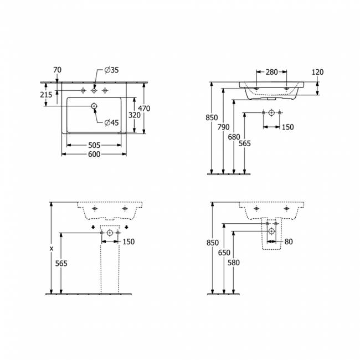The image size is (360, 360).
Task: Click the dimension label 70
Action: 57,70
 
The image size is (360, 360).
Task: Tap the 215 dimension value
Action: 47,95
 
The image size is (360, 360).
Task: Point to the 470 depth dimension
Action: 144,109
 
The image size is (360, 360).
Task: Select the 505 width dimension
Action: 94,146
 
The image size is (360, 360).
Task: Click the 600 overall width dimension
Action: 94,155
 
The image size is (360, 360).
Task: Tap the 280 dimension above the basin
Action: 272,72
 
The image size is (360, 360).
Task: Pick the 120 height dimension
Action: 317,72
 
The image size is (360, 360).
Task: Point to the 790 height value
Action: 223,127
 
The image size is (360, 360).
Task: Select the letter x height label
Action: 51,249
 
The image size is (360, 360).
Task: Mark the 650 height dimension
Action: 224,252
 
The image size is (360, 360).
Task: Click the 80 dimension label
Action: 289,241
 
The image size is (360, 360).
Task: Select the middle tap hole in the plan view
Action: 94,90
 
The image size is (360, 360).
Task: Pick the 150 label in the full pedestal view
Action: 128,241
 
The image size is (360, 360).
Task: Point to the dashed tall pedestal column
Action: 110,266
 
